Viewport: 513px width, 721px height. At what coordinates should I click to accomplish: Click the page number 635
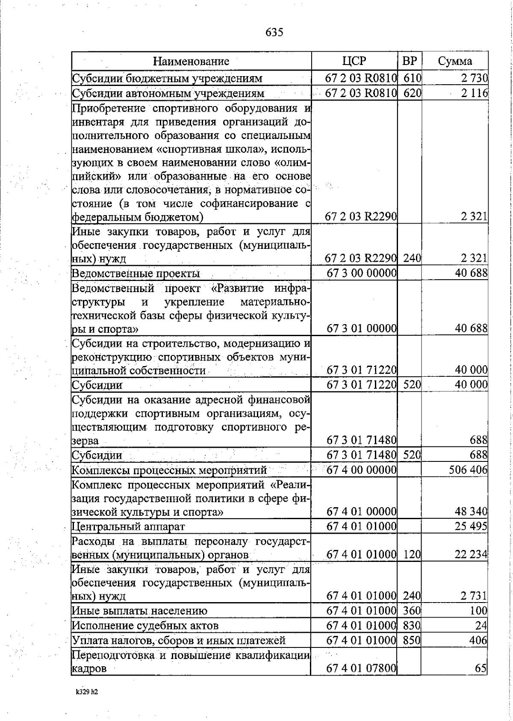[274, 33]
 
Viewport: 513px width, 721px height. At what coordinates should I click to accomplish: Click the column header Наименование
[191, 61]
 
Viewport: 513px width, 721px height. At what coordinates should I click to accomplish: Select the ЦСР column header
[354, 61]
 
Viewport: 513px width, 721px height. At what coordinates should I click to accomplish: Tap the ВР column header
[410, 61]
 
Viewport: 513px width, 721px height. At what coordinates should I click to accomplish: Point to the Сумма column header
[455, 61]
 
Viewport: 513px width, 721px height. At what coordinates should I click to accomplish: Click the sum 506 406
[468, 470]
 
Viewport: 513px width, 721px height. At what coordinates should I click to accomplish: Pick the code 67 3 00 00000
[362, 273]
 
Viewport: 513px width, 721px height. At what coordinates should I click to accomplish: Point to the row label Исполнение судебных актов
[145, 626]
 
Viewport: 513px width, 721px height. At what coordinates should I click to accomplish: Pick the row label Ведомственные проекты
[136, 273]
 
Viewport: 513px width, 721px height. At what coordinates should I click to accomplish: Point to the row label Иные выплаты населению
[139, 611]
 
